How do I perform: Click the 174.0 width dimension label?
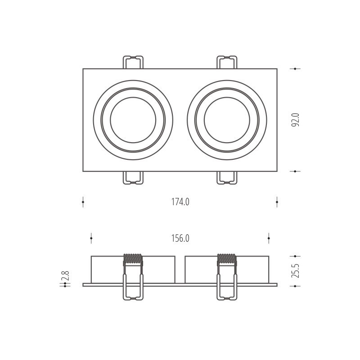coord(180,202)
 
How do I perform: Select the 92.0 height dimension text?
coord(295,120)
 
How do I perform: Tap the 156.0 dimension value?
coord(180,238)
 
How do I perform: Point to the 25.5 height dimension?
coord(295,271)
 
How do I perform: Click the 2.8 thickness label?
coord(66,275)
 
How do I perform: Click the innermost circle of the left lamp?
coord(133,97)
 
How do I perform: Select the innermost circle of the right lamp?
coord(227,97)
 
